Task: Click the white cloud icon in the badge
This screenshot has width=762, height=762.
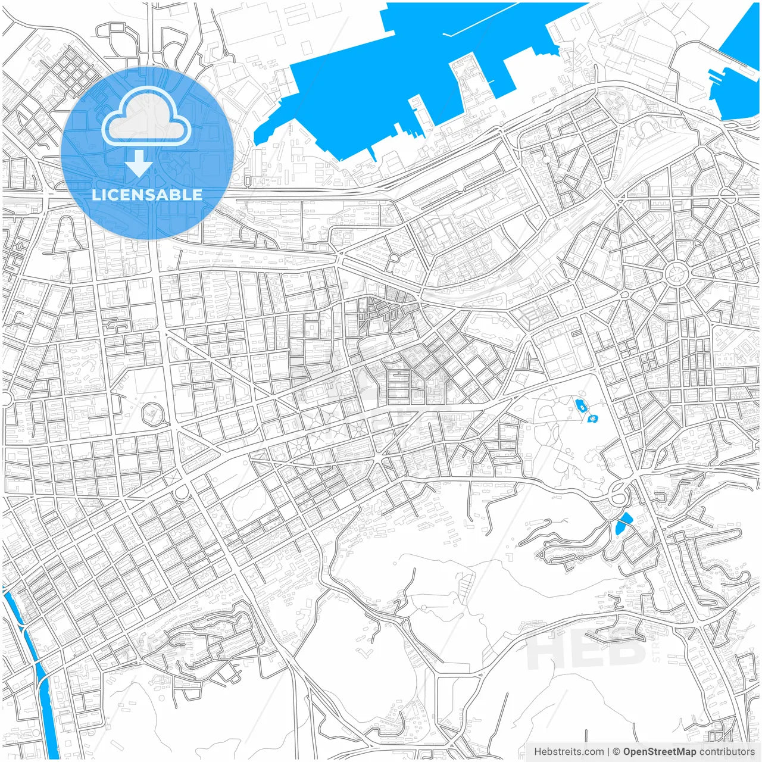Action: [x=146, y=117]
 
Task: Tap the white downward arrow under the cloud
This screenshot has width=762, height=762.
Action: [x=139, y=164]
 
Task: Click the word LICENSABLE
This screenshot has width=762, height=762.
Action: [x=147, y=195]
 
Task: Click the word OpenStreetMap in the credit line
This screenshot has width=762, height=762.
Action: [x=659, y=752]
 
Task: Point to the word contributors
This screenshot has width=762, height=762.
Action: [x=726, y=752]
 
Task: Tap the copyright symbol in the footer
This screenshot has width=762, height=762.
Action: [x=617, y=752]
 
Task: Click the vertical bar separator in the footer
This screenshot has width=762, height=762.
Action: [x=608, y=752]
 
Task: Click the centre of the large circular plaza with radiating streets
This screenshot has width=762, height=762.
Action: [x=676, y=274]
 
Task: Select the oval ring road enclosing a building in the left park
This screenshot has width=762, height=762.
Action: [x=154, y=413]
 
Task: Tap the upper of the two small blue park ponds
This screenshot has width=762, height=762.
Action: [x=580, y=405]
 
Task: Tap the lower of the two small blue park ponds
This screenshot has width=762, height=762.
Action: [x=593, y=419]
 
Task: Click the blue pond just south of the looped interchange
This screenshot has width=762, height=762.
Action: [x=622, y=523]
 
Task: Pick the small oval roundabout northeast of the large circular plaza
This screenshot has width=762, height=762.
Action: [x=727, y=193]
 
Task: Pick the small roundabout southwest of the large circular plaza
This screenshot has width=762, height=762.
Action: [x=624, y=294]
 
